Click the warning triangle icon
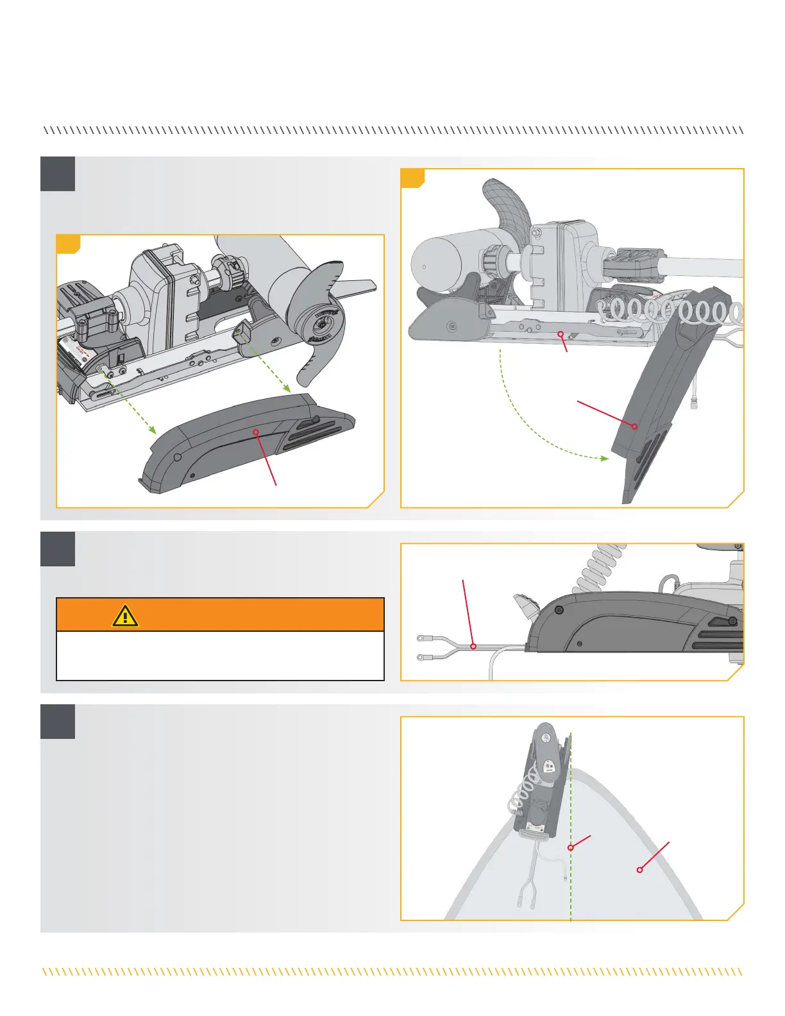[x=126, y=615]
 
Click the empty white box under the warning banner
[x=220, y=656]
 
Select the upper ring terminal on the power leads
[x=421, y=638]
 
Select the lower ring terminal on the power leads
[x=421, y=657]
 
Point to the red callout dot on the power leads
[x=473, y=647]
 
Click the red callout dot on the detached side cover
[x=256, y=432]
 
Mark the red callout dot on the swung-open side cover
[x=634, y=426]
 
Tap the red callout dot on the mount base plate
[x=560, y=334]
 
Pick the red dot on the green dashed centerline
[x=570, y=848]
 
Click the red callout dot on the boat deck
[x=639, y=870]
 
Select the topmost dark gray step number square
[x=58, y=174]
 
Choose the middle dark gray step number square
[x=58, y=549]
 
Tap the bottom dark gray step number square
[x=58, y=722]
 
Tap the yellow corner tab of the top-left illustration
[x=67, y=243]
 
